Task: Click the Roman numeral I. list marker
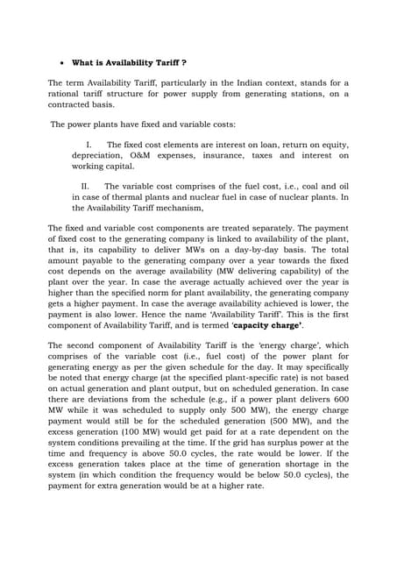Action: tap(89, 144)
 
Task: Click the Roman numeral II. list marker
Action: tap(85, 186)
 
